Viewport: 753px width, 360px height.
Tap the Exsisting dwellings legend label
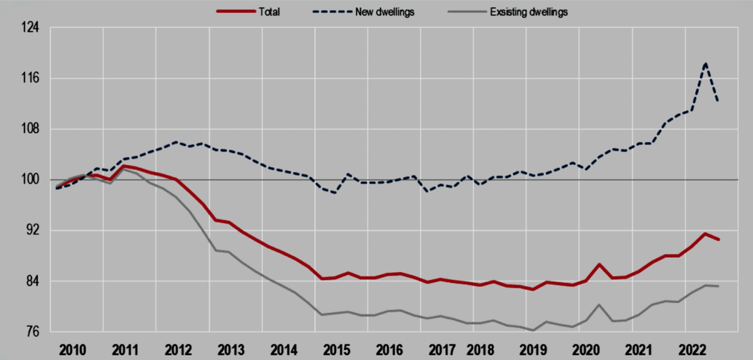[529, 12]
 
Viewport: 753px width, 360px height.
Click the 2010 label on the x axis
[73, 350]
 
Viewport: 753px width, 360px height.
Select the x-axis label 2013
[231, 350]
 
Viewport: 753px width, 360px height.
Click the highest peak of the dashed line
[706, 63]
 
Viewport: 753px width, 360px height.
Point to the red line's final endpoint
[718, 239]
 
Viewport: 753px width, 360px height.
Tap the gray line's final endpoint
[718, 286]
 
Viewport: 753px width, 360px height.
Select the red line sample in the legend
[235, 12]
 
